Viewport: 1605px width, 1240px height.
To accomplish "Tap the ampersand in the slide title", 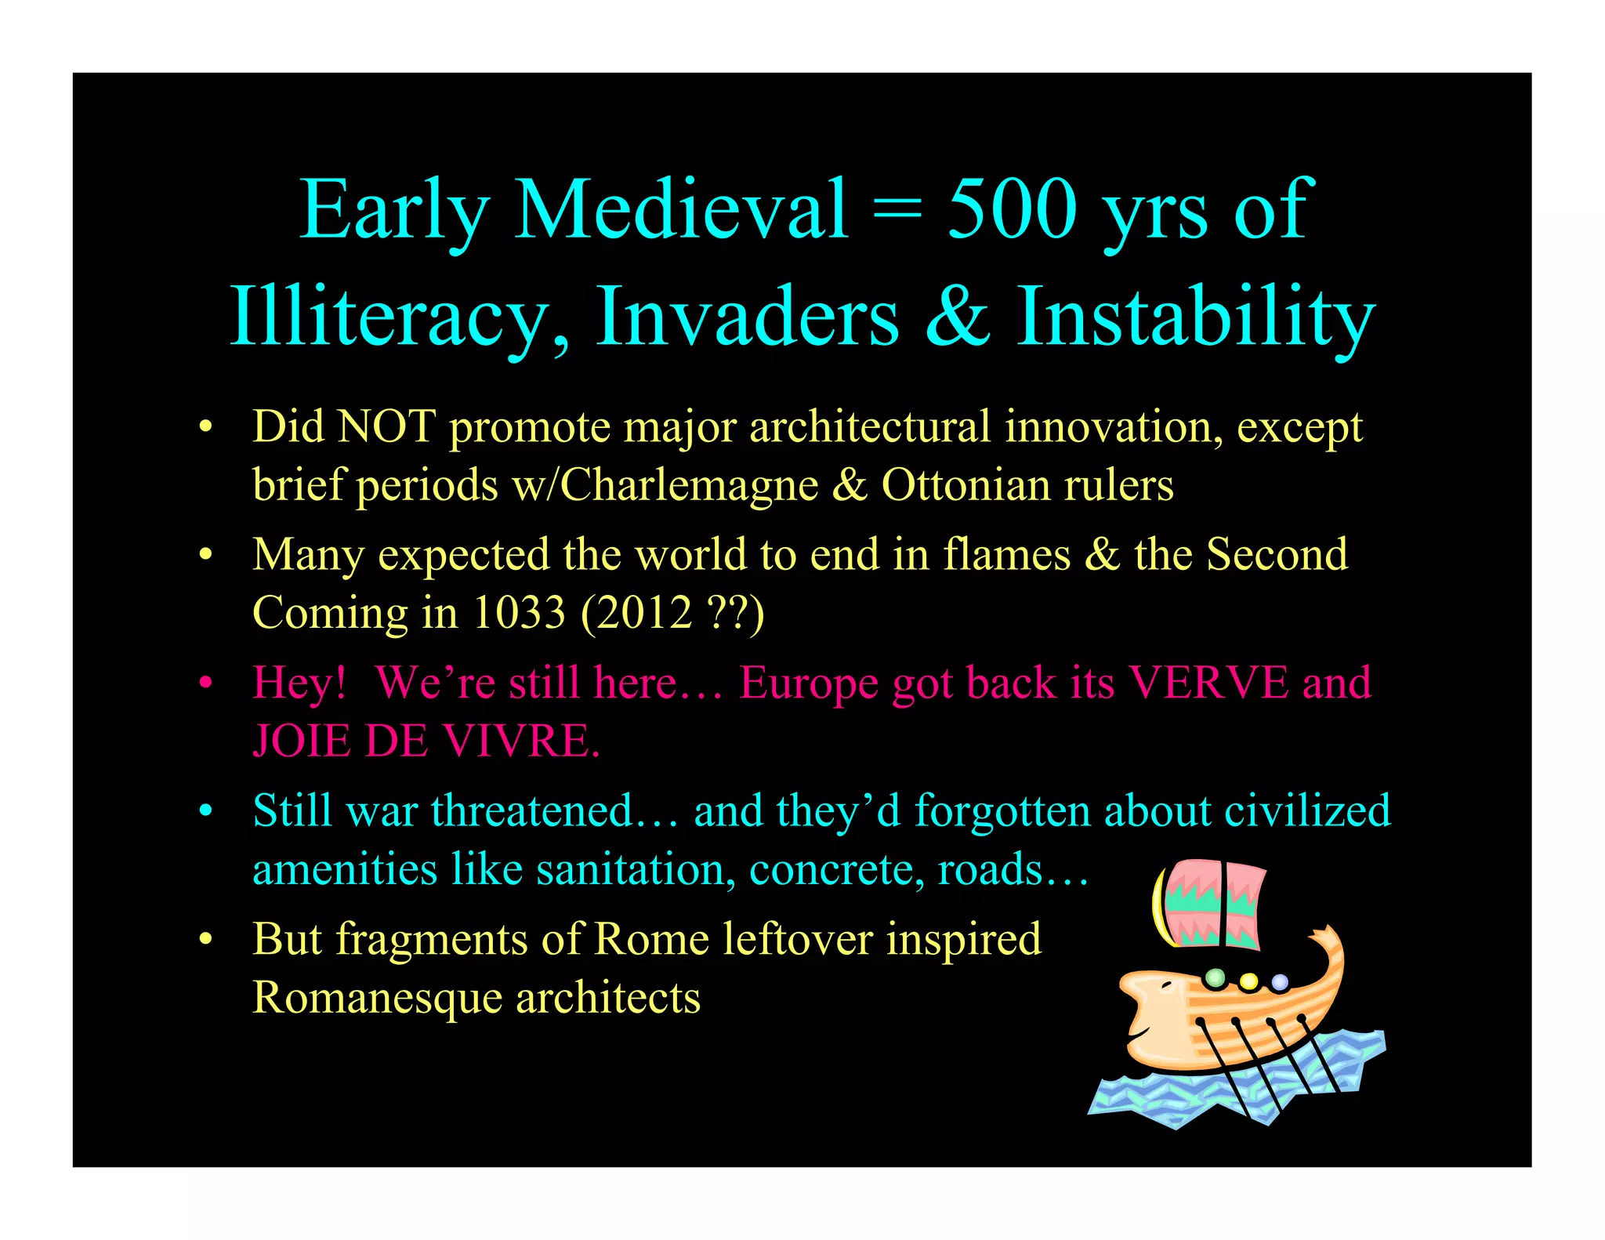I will tap(957, 315).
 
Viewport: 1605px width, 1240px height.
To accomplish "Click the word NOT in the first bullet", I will tap(386, 427).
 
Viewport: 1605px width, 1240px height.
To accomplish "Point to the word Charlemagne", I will tap(690, 485).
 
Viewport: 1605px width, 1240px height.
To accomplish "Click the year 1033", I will tap(519, 612).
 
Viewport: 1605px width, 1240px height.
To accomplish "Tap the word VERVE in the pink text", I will tap(1208, 682).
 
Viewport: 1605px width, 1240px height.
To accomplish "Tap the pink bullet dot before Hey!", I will tap(205, 683).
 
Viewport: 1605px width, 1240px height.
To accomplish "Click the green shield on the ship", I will tap(1215, 977).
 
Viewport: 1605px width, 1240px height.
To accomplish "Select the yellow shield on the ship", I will tap(1248, 981).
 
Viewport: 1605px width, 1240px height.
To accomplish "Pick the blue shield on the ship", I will tap(1280, 981).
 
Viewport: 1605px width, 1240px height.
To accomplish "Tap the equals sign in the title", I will tap(897, 210).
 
